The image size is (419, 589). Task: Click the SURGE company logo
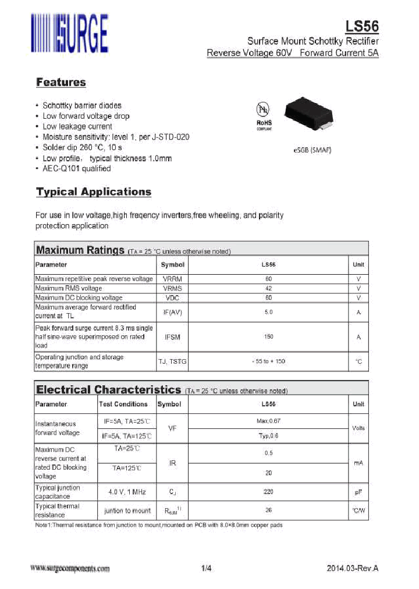click(x=69, y=34)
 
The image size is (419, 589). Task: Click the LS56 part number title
click(x=362, y=27)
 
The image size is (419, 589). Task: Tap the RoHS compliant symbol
click(x=264, y=116)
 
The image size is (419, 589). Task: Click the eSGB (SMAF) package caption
click(x=312, y=150)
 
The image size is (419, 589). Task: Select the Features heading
click(x=61, y=82)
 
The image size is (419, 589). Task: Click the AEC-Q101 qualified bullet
click(x=76, y=169)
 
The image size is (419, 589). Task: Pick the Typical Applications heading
click(x=93, y=191)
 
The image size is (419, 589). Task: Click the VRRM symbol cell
click(x=172, y=279)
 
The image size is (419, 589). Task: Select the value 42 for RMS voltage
click(x=268, y=289)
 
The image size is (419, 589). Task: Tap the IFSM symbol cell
click(x=172, y=337)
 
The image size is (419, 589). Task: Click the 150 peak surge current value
click(x=268, y=337)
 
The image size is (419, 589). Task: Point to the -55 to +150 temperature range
click(x=268, y=361)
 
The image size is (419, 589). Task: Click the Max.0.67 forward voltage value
click(x=268, y=420)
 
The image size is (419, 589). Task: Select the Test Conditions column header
click(x=123, y=404)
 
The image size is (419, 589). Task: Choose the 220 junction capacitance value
click(x=268, y=492)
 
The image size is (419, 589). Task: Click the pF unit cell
click(x=358, y=492)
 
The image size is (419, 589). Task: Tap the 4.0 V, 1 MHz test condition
click(x=127, y=492)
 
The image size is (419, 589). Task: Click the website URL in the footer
click(x=70, y=569)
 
